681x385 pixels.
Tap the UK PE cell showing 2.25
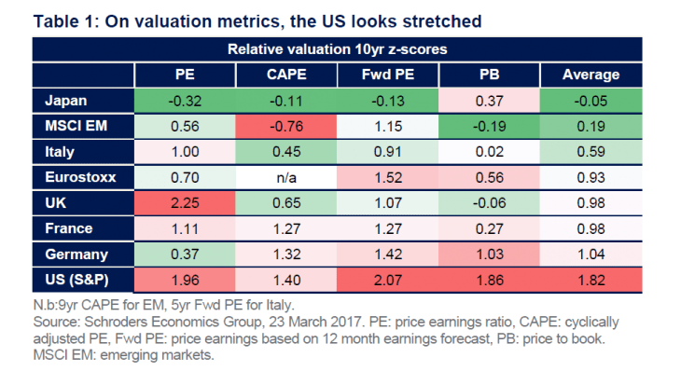pos(185,203)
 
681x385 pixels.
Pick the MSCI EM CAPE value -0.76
pos(286,127)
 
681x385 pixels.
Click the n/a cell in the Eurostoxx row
pos(286,178)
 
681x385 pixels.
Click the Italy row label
pos(56,152)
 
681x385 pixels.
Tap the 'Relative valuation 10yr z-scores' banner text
pos(338,49)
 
